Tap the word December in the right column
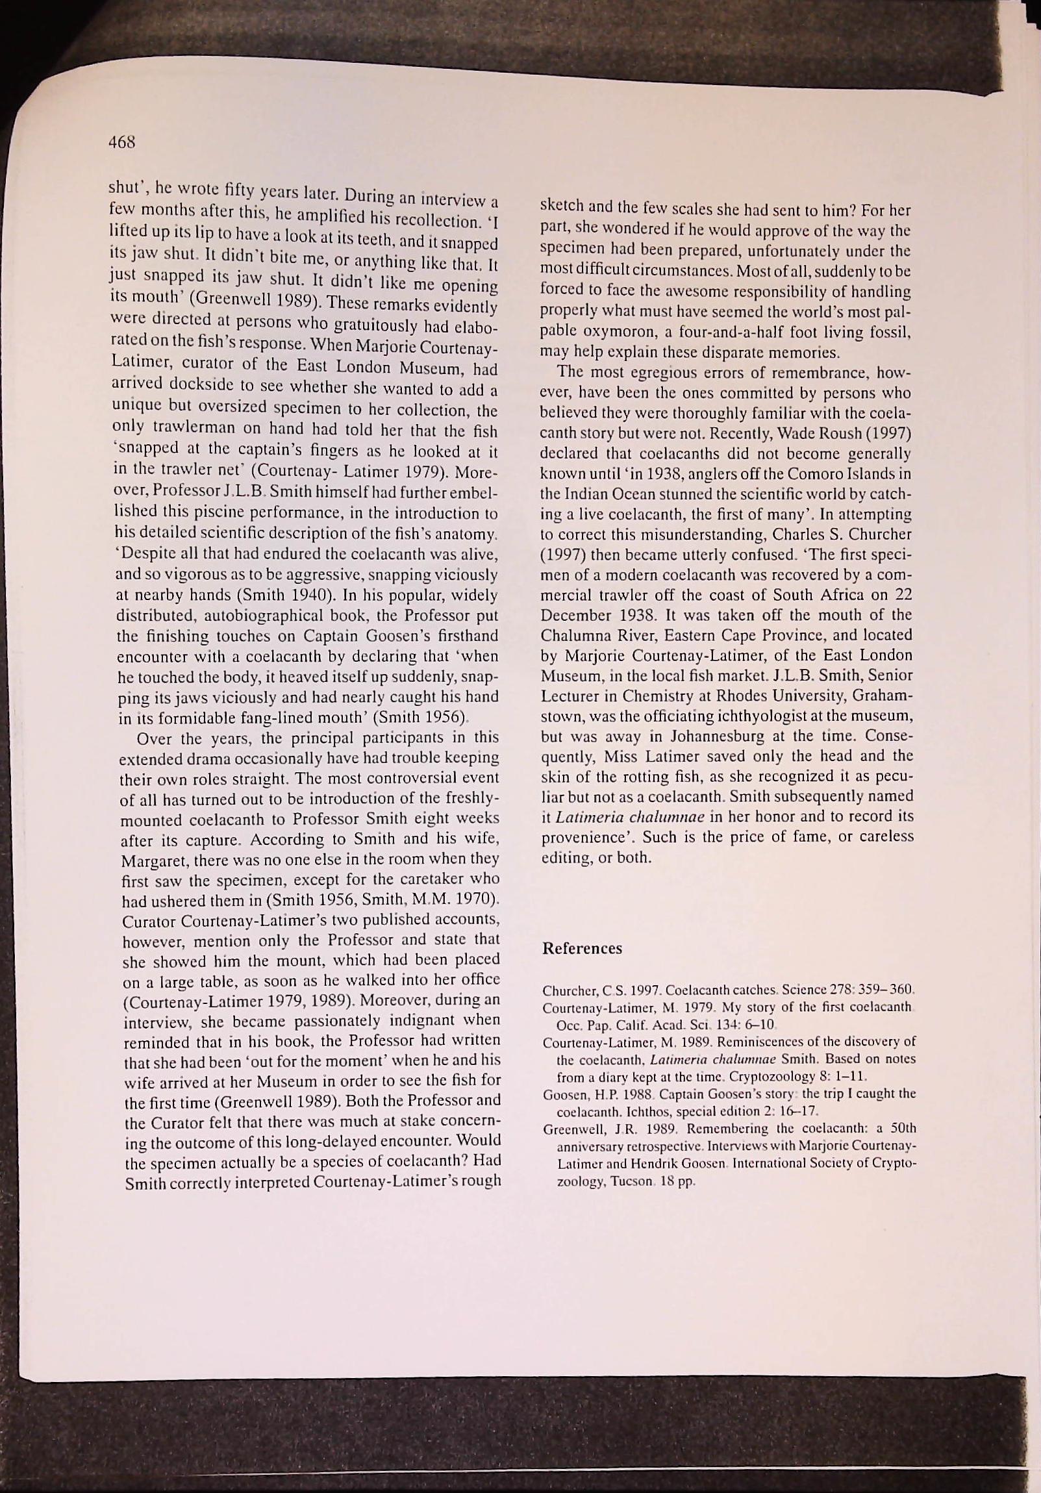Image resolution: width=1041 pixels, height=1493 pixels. click(x=573, y=615)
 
